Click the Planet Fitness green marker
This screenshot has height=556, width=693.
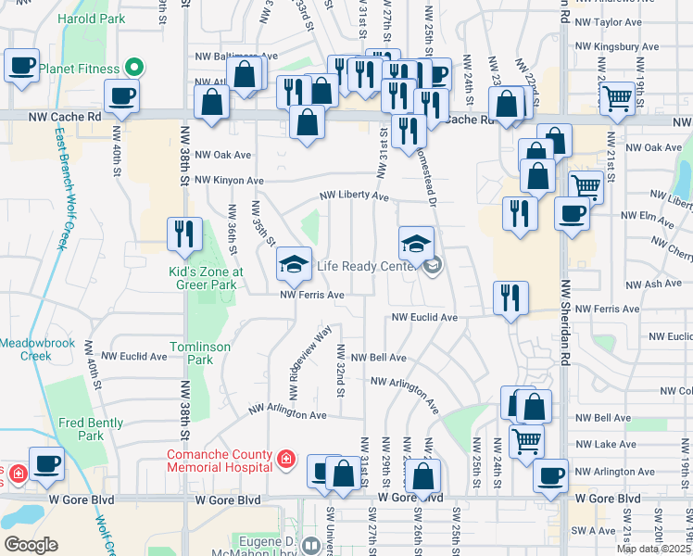tap(134, 68)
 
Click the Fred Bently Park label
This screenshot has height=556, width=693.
tap(91, 429)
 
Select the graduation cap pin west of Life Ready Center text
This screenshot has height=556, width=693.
tap(294, 265)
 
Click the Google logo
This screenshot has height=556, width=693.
tap(31, 545)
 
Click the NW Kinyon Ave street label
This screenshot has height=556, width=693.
tap(229, 181)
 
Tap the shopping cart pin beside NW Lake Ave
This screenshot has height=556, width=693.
tap(526, 441)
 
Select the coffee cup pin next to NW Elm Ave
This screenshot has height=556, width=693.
tap(572, 213)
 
